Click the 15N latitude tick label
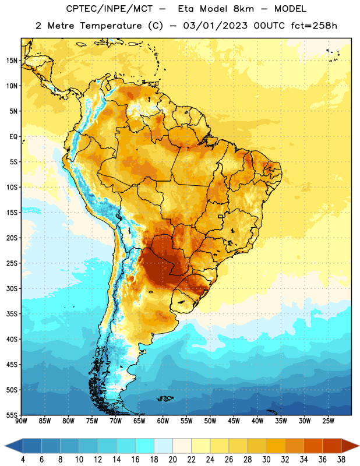click(x=12, y=61)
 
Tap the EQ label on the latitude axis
click(x=13, y=137)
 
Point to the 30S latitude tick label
click(x=12, y=288)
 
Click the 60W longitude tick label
click(x=163, y=421)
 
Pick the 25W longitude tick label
click(x=328, y=421)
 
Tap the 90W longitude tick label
click(x=21, y=421)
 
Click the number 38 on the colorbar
click(x=341, y=460)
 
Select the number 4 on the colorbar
click(x=23, y=460)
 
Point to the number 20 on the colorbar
click(x=172, y=460)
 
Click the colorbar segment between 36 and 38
click(x=332, y=446)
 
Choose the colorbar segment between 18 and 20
click(x=163, y=446)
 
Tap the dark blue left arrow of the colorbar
click(x=14, y=446)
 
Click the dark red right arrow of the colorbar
click(x=350, y=446)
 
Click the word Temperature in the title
click(x=111, y=26)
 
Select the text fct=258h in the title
click(x=314, y=26)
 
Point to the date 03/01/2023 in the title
click(x=215, y=26)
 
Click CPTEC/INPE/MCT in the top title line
click(x=109, y=9)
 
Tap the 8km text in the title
click(x=243, y=9)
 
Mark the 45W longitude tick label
click(x=234, y=421)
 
